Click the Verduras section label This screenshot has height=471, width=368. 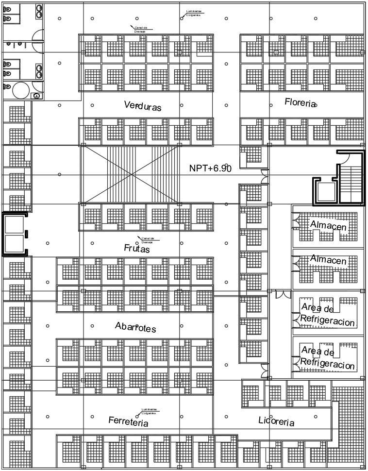pos(142,106)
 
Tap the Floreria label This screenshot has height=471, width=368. pos(301,103)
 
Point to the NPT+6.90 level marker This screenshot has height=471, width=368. pos(210,168)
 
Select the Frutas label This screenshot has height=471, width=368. pos(137,249)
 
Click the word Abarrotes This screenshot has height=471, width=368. pos(135,327)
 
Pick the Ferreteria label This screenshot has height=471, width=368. pos(128,421)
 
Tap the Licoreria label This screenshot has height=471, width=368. pos(276,421)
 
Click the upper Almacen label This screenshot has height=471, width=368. pos(329,226)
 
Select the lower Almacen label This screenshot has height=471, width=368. pos(329,260)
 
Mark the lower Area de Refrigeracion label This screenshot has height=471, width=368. pos(328,358)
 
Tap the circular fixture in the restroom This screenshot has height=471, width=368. pos(21,90)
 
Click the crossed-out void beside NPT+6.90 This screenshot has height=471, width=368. pos(130,174)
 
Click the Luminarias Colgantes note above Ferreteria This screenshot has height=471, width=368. pos(149,411)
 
